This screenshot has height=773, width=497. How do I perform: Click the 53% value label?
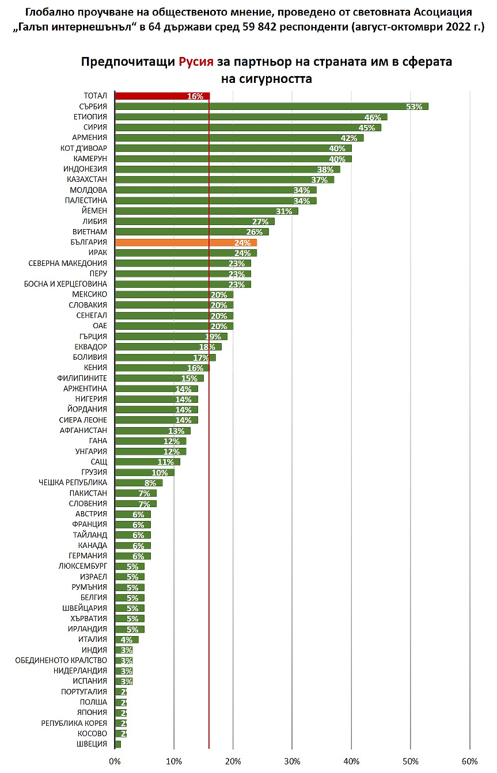click(x=413, y=106)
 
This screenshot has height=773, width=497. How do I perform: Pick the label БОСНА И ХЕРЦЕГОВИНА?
click(x=65, y=284)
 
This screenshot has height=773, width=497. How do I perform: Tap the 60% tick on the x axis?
click(x=469, y=761)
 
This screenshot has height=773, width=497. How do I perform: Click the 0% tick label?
click(x=115, y=761)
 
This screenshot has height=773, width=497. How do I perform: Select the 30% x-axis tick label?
click(x=292, y=761)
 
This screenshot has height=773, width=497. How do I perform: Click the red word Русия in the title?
click(x=196, y=62)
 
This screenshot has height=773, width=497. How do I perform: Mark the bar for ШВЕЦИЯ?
click(x=118, y=744)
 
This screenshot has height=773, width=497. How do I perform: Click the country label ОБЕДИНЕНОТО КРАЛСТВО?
click(x=61, y=661)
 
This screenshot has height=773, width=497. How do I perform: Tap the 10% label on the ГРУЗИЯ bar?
click(x=160, y=473)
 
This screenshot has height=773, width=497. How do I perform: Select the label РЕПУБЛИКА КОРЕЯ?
click(x=74, y=724)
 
